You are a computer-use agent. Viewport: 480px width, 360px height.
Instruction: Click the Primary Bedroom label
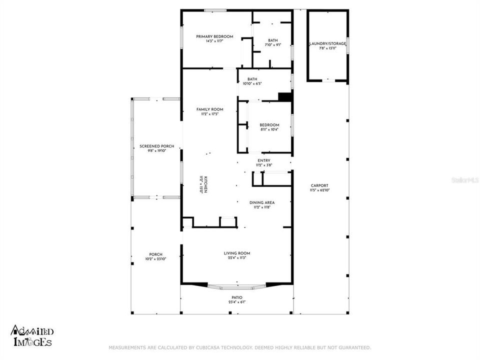click(214, 36)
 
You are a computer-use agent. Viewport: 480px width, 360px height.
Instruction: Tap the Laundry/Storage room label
click(327, 44)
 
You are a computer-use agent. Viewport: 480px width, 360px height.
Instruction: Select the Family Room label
click(209, 109)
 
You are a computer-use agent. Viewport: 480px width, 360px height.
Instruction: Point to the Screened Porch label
click(156, 146)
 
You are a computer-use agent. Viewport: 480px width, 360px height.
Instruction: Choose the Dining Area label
click(262, 202)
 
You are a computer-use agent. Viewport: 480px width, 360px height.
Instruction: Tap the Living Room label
click(237, 253)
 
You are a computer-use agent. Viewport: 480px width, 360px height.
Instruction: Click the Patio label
click(236, 297)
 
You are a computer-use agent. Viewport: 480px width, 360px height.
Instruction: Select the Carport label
click(319, 185)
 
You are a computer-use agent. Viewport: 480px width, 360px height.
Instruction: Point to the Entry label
click(263, 160)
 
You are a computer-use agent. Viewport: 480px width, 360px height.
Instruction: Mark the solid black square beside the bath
click(284, 97)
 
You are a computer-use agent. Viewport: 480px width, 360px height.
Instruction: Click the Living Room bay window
click(237, 287)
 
